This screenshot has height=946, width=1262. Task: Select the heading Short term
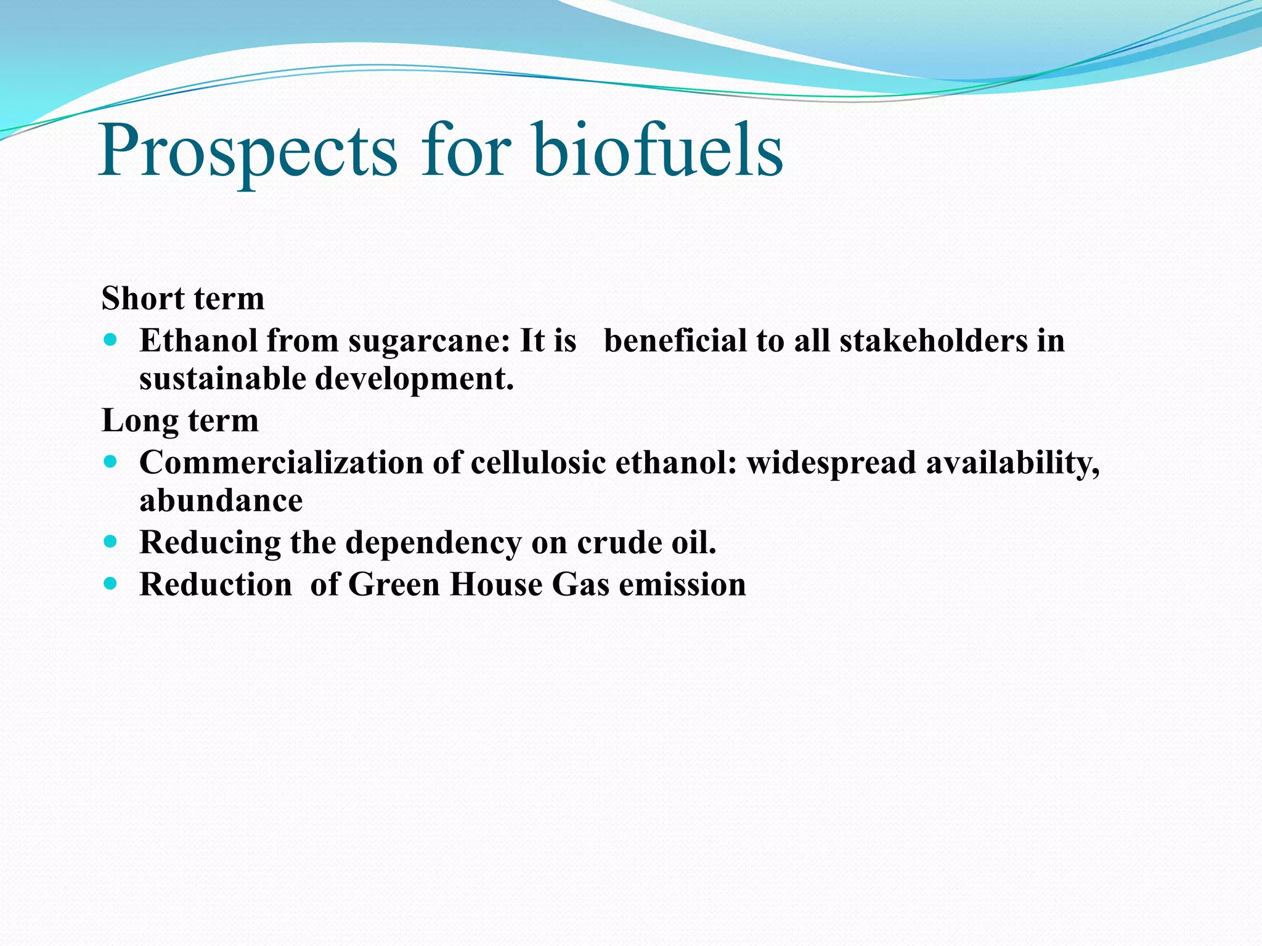183,299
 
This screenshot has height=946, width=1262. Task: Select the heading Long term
180,421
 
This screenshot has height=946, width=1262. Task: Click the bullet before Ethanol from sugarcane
110,339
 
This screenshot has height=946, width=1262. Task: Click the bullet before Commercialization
110,461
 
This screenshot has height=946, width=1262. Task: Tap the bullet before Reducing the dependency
110,541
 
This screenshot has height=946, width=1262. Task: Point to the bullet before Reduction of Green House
110,583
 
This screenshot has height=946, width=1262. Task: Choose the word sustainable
222,378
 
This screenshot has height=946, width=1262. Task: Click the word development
414,379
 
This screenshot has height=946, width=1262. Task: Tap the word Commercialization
281,463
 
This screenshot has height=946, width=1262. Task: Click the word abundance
221,500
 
